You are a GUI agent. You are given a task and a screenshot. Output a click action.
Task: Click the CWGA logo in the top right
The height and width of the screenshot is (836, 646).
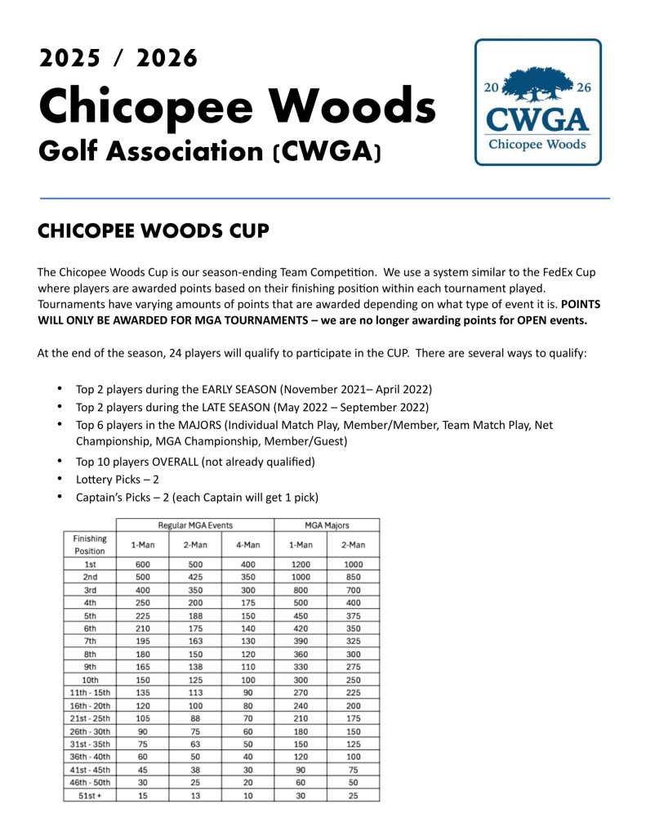pyautogui.click(x=537, y=101)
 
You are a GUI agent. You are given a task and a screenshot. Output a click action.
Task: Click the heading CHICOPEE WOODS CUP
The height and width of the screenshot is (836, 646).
pyautogui.click(x=153, y=231)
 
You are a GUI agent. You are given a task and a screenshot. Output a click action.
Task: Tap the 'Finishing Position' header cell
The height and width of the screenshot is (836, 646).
pyautogui.click(x=89, y=544)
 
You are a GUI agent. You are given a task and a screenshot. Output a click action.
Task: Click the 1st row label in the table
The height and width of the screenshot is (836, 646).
pyautogui.click(x=89, y=564)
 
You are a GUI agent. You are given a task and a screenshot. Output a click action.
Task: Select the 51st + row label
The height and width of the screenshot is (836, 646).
pyautogui.click(x=89, y=794)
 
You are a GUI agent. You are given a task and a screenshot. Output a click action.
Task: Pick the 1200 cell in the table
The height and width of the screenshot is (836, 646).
pyautogui.click(x=300, y=564)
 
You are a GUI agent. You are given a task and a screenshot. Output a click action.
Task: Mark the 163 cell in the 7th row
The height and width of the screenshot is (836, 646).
pyautogui.click(x=194, y=641)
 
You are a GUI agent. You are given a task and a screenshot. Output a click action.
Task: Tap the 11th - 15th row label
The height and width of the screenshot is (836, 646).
pyautogui.click(x=89, y=691)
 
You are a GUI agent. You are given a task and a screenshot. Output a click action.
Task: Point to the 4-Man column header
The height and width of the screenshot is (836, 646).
pyautogui.click(x=247, y=544)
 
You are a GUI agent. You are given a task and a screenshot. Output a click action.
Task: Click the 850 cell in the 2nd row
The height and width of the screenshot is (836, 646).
pyautogui.click(x=353, y=577)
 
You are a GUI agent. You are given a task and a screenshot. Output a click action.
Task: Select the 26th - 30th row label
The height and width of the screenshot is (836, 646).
pyautogui.click(x=89, y=730)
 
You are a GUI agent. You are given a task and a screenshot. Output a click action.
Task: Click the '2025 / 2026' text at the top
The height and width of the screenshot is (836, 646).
pyautogui.click(x=118, y=58)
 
